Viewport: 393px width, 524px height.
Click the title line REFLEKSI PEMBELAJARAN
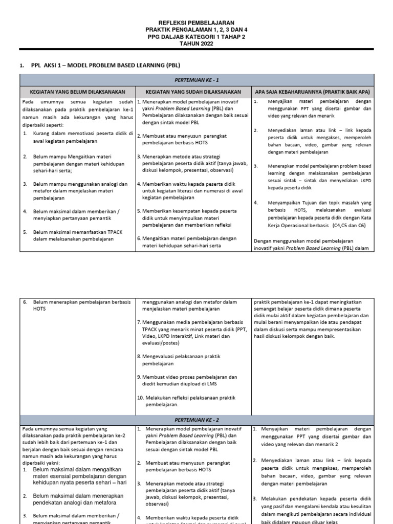pyautogui.click(x=196, y=23)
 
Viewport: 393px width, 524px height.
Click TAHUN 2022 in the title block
pyautogui.click(x=196, y=43)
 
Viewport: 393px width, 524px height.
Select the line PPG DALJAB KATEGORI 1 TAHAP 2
pyautogui.click(x=196, y=37)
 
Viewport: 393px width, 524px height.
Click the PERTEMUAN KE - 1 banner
pyautogui.click(x=196, y=80)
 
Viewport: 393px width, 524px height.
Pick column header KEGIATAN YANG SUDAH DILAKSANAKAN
pyautogui.click(x=193, y=92)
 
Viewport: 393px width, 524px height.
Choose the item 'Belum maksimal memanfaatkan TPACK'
pyautogui.click(x=77, y=235)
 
